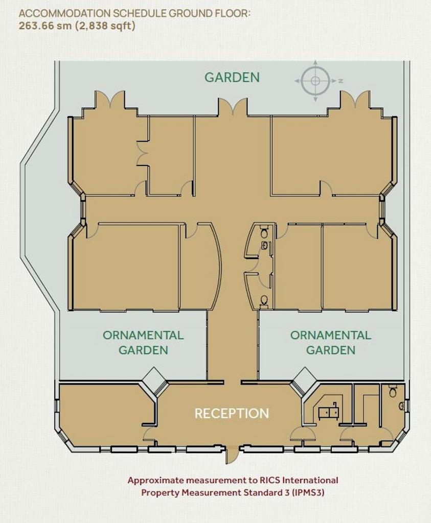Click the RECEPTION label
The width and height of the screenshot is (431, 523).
point(232,413)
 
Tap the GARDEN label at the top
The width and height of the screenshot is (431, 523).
point(232,77)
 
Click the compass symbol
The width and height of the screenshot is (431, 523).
point(315,81)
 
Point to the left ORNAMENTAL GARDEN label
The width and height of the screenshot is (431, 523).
point(143,343)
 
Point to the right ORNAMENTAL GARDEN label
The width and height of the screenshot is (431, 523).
point(330,343)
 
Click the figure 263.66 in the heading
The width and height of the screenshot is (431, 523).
point(36,26)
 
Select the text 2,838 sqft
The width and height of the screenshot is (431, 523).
point(105,26)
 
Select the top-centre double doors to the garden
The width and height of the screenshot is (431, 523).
point(233,107)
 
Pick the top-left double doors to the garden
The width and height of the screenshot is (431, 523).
point(110,99)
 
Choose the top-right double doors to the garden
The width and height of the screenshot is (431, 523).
point(355,99)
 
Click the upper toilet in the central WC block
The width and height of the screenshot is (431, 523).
point(264,230)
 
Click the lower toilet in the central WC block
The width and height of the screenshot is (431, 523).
point(264,300)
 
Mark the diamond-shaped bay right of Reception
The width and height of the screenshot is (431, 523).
point(304,380)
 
